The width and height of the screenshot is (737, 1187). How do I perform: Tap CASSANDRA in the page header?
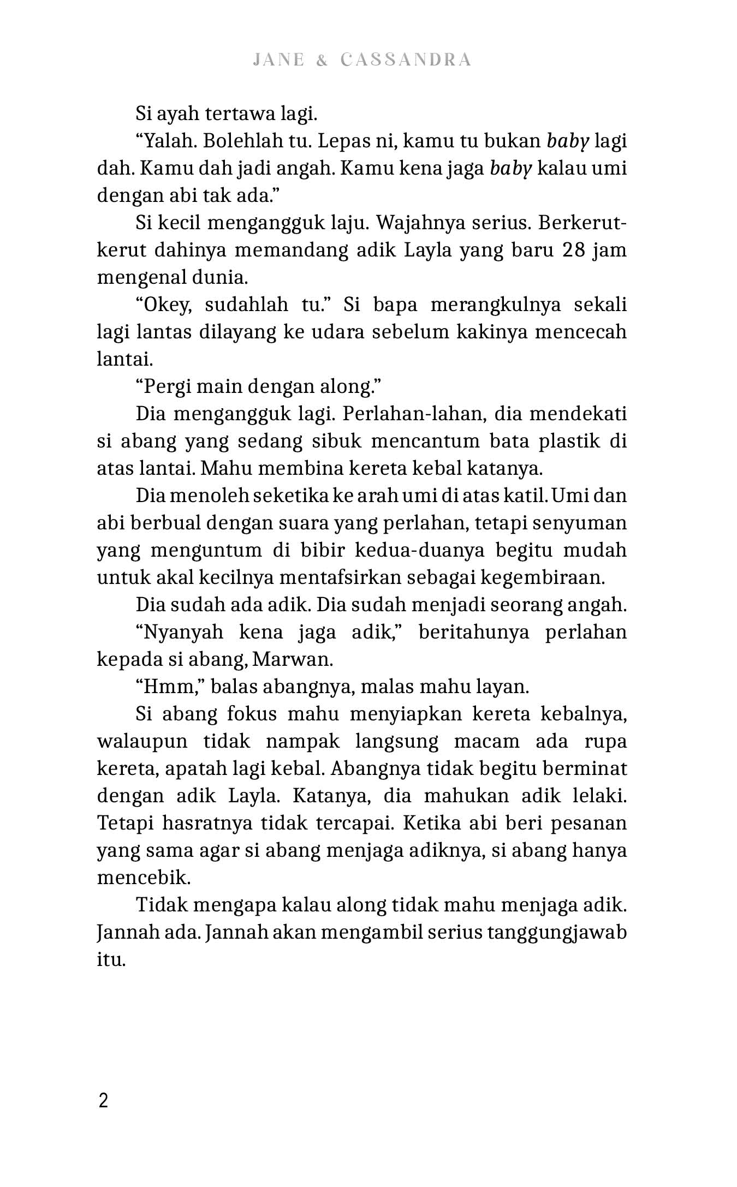coord(406,60)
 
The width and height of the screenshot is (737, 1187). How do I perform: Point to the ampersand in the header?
coord(322,60)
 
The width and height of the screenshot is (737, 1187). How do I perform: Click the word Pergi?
coord(164,387)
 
